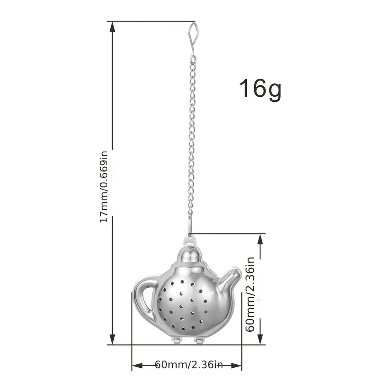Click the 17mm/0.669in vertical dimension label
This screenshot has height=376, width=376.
[x=104, y=187]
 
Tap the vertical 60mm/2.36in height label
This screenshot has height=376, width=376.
[x=250, y=294]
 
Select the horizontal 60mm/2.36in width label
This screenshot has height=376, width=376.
[x=189, y=365]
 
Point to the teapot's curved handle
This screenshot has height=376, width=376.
[x=144, y=298]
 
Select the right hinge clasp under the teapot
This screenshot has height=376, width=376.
[x=199, y=340]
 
